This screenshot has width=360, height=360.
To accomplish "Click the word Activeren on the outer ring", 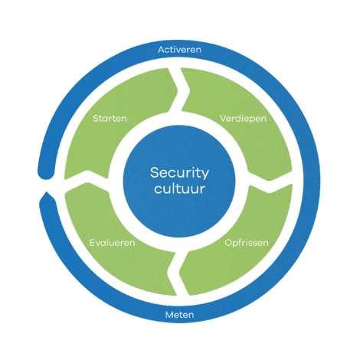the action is (179, 50).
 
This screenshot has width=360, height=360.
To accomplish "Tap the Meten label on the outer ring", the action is (180, 315).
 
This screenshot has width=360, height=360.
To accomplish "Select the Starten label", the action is (110, 119).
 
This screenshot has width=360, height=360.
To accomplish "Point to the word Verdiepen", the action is (243, 119).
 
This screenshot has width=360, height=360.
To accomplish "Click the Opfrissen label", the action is (247, 243).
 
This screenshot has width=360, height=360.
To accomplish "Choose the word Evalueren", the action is (112, 243).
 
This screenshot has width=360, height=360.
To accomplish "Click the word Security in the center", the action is (179, 173).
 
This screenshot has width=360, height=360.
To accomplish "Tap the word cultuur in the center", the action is (179, 188).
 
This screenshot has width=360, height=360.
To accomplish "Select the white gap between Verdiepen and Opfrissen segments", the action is (270, 182).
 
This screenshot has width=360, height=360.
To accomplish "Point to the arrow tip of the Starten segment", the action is (178, 90).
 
